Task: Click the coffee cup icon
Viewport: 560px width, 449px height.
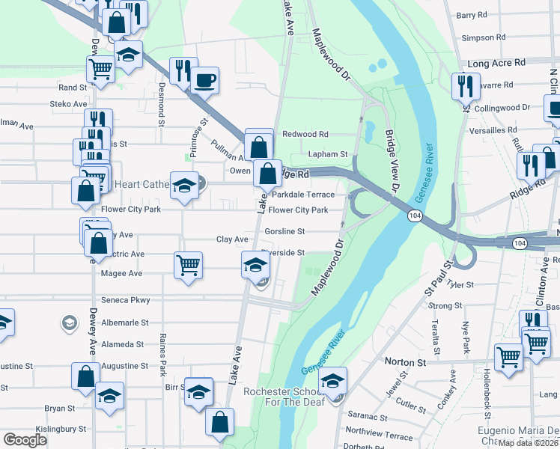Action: (x=204, y=79)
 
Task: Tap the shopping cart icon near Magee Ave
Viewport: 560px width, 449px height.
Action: (x=188, y=264)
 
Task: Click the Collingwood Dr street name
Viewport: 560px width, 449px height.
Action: (x=502, y=108)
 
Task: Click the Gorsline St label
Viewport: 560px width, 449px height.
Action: (x=285, y=232)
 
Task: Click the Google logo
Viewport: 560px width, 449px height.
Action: (x=25, y=439)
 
